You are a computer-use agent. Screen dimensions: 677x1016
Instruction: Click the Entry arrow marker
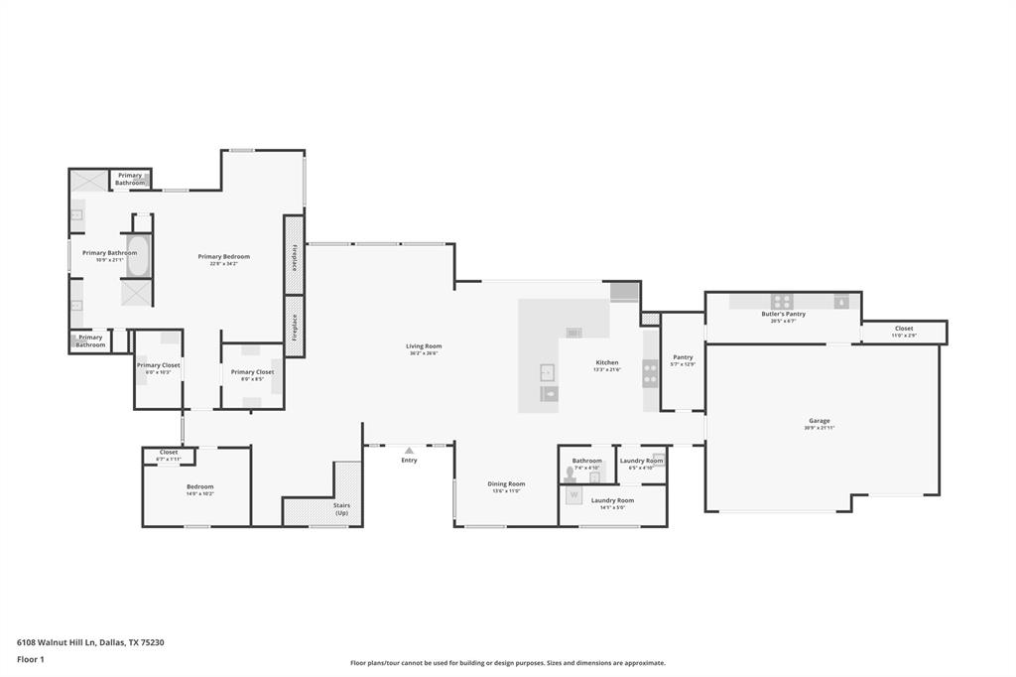tap(409, 451)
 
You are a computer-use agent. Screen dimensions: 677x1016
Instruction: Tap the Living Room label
tap(424, 346)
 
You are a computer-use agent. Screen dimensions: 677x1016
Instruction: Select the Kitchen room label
tap(607, 363)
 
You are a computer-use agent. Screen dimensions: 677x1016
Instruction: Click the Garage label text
tap(819, 421)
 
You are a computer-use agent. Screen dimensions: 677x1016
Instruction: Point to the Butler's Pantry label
tap(783, 314)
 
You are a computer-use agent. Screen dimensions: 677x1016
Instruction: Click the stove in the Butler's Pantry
tap(782, 302)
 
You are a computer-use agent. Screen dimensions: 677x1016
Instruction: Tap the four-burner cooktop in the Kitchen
tap(650, 373)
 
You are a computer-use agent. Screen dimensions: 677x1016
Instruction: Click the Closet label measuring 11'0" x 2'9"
tap(903, 329)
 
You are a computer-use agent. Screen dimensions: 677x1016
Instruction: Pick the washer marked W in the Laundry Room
tap(573, 495)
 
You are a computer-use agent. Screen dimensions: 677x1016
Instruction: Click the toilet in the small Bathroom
tap(571, 474)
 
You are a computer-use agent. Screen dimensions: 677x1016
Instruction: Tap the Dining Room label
tap(506, 484)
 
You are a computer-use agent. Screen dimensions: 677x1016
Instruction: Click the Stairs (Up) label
tap(341, 508)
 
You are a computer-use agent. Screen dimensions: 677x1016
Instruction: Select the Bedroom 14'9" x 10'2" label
tap(199, 487)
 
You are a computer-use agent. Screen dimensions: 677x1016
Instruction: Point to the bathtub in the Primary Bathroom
tap(138, 256)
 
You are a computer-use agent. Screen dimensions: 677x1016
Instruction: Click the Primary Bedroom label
tap(223, 257)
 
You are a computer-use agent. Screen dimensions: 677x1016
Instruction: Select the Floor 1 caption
tap(32, 659)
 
